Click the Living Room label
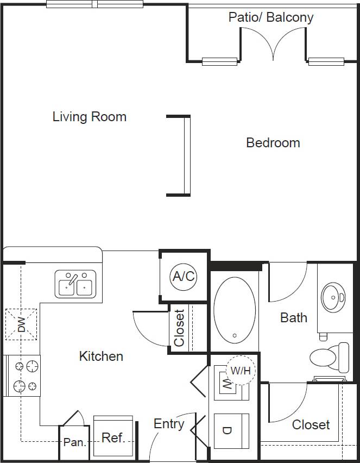tap(89, 116)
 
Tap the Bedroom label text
tap(273, 142)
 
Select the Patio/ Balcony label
tap(270, 17)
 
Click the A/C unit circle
tap(183, 276)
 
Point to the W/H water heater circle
tap(240, 370)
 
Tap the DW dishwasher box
tap(21, 325)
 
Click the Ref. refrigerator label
tap(113, 437)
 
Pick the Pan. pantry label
tap(74, 442)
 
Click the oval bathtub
tap(234, 311)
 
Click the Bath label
tap(293, 317)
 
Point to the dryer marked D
tap(228, 430)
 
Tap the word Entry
tap(168, 424)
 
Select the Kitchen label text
tap(101, 356)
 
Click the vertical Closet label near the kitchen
tap(180, 328)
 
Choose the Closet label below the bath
tap(311, 424)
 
